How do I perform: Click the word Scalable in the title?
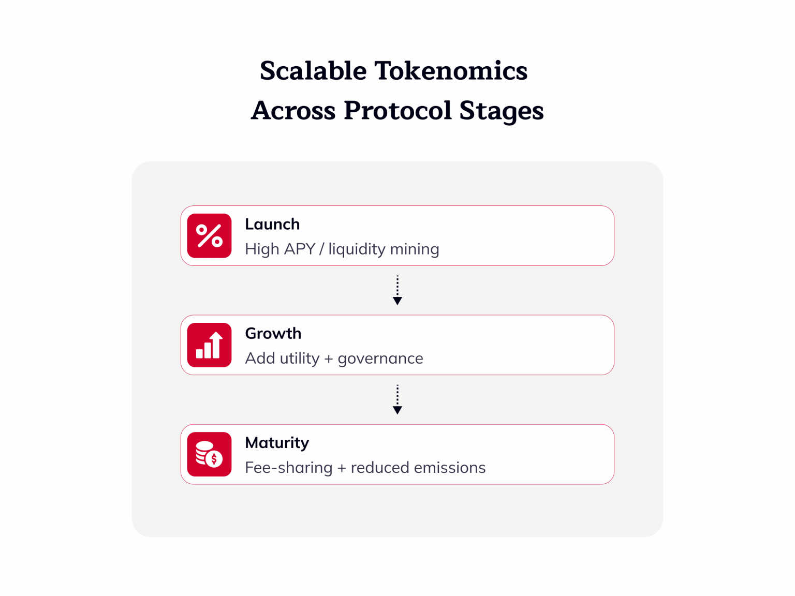[x=313, y=70]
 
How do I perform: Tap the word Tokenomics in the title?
[x=450, y=70]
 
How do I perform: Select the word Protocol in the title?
[x=397, y=110]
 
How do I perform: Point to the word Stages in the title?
[x=501, y=110]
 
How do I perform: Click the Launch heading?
[x=272, y=224]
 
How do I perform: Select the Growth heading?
[x=273, y=333]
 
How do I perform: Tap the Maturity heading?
[x=277, y=443]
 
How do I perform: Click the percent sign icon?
[x=209, y=236]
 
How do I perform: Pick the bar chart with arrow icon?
[x=209, y=345]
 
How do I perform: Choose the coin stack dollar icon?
[x=209, y=454]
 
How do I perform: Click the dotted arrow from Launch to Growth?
[x=397, y=290]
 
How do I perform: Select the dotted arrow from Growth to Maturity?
[x=397, y=399]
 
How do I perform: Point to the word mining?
[x=414, y=249]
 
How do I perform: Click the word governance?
[x=380, y=359]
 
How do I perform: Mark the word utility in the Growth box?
[x=301, y=359]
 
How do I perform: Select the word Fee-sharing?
[x=289, y=468]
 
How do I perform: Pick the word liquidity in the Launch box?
[x=357, y=249]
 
